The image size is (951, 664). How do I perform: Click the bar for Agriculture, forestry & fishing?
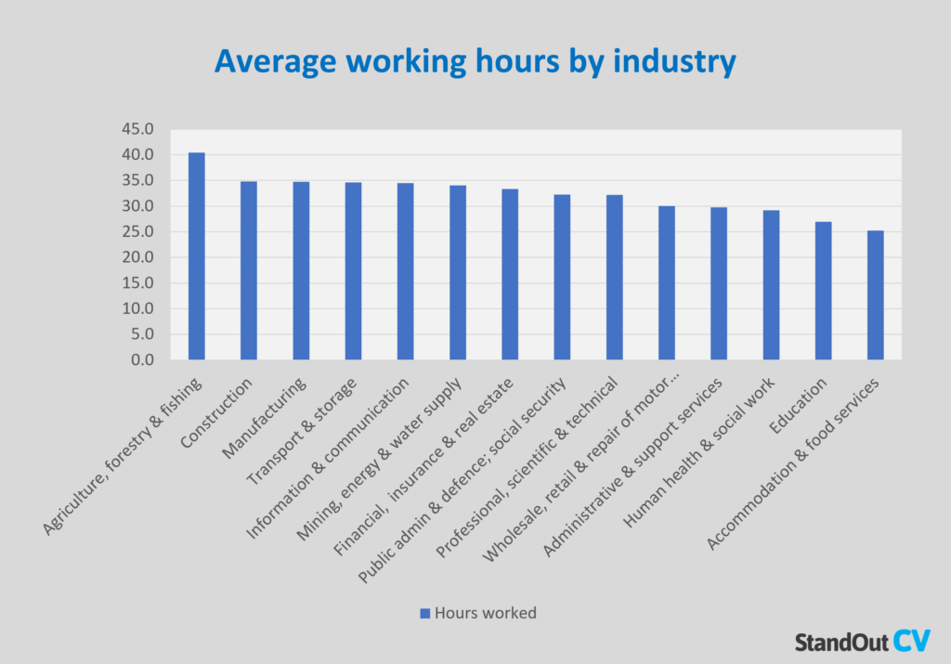pos(196,256)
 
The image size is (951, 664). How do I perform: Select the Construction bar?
pos(249,270)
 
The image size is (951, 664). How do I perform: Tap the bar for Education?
pos(823,291)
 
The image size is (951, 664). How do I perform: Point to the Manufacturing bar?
pos(301,270)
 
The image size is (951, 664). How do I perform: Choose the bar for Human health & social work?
pos(771,285)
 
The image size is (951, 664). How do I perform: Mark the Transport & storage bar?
pos(353,271)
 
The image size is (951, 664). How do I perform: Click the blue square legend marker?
pos(425,613)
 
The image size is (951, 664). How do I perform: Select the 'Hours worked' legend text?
pos(486,613)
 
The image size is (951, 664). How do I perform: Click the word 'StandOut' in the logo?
pos(841,642)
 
